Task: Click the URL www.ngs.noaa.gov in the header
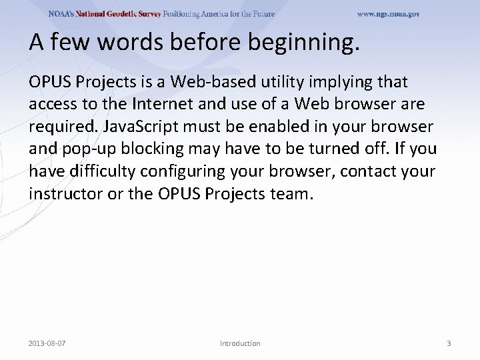(x=388, y=14)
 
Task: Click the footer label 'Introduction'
(x=240, y=343)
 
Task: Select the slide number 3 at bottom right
(x=449, y=343)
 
